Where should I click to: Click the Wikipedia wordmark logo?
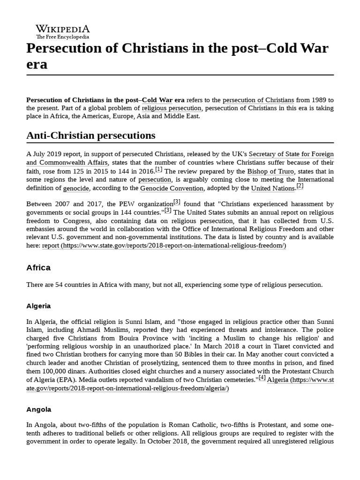63,28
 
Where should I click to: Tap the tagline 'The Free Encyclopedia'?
63,37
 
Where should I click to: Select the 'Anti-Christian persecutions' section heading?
90,135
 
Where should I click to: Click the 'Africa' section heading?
38,268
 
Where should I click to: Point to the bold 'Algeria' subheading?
38,306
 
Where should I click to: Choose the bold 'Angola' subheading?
38,409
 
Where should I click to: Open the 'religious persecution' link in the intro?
172,108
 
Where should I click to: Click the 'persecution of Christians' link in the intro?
258,100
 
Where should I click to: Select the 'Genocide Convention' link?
172,188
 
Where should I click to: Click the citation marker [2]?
300,186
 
